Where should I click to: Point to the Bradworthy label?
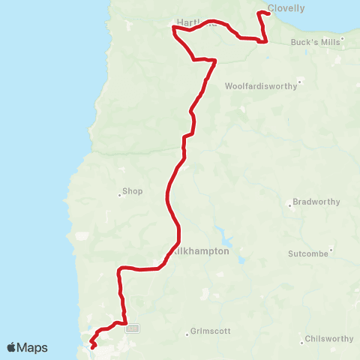click(x=316, y=202)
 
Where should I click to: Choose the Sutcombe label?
click(x=308, y=253)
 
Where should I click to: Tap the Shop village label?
click(x=132, y=191)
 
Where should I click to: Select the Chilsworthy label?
click(x=328, y=340)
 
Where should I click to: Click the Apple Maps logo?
click(x=27, y=347)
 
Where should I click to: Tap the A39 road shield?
click(x=133, y=328)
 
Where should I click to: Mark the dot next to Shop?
click(x=119, y=195)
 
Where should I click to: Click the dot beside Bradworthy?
click(x=290, y=205)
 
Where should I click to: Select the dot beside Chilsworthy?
click(x=301, y=343)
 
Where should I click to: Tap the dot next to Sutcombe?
click(x=331, y=250)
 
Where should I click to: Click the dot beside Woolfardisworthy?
click(x=299, y=81)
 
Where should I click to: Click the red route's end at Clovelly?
click(x=268, y=15)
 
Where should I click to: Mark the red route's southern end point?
click(x=91, y=348)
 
